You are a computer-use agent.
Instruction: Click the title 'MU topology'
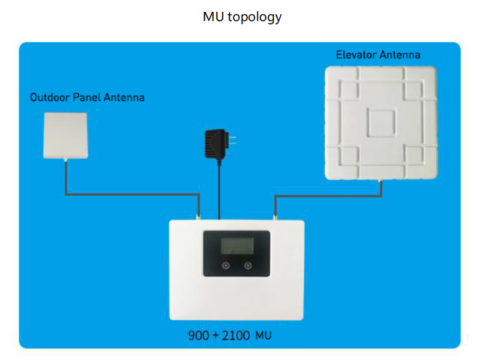pos(242,17)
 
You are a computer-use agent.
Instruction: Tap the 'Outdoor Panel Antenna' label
pos(87,97)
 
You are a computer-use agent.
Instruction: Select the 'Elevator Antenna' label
pos(378,55)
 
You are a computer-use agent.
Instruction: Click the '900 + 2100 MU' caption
pos(230,335)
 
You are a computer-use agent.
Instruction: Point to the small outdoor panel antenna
pos(66,136)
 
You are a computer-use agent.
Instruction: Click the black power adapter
pos(216,144)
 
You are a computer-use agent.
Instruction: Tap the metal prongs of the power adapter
pos(232,141)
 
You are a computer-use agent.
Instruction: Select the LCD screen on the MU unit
pos(237,245)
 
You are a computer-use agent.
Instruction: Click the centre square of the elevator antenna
pos(381,123)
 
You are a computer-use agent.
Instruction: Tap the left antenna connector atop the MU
pos(198,217)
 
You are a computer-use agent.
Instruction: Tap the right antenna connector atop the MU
pos(275,217)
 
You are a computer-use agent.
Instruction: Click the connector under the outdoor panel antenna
pos(66,160)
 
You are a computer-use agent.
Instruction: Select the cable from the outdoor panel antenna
pos(132,194)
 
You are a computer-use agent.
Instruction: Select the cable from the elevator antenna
pos(329,196)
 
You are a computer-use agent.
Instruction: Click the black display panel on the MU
pos(237,253)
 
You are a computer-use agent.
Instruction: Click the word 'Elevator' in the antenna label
pos(356,55)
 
